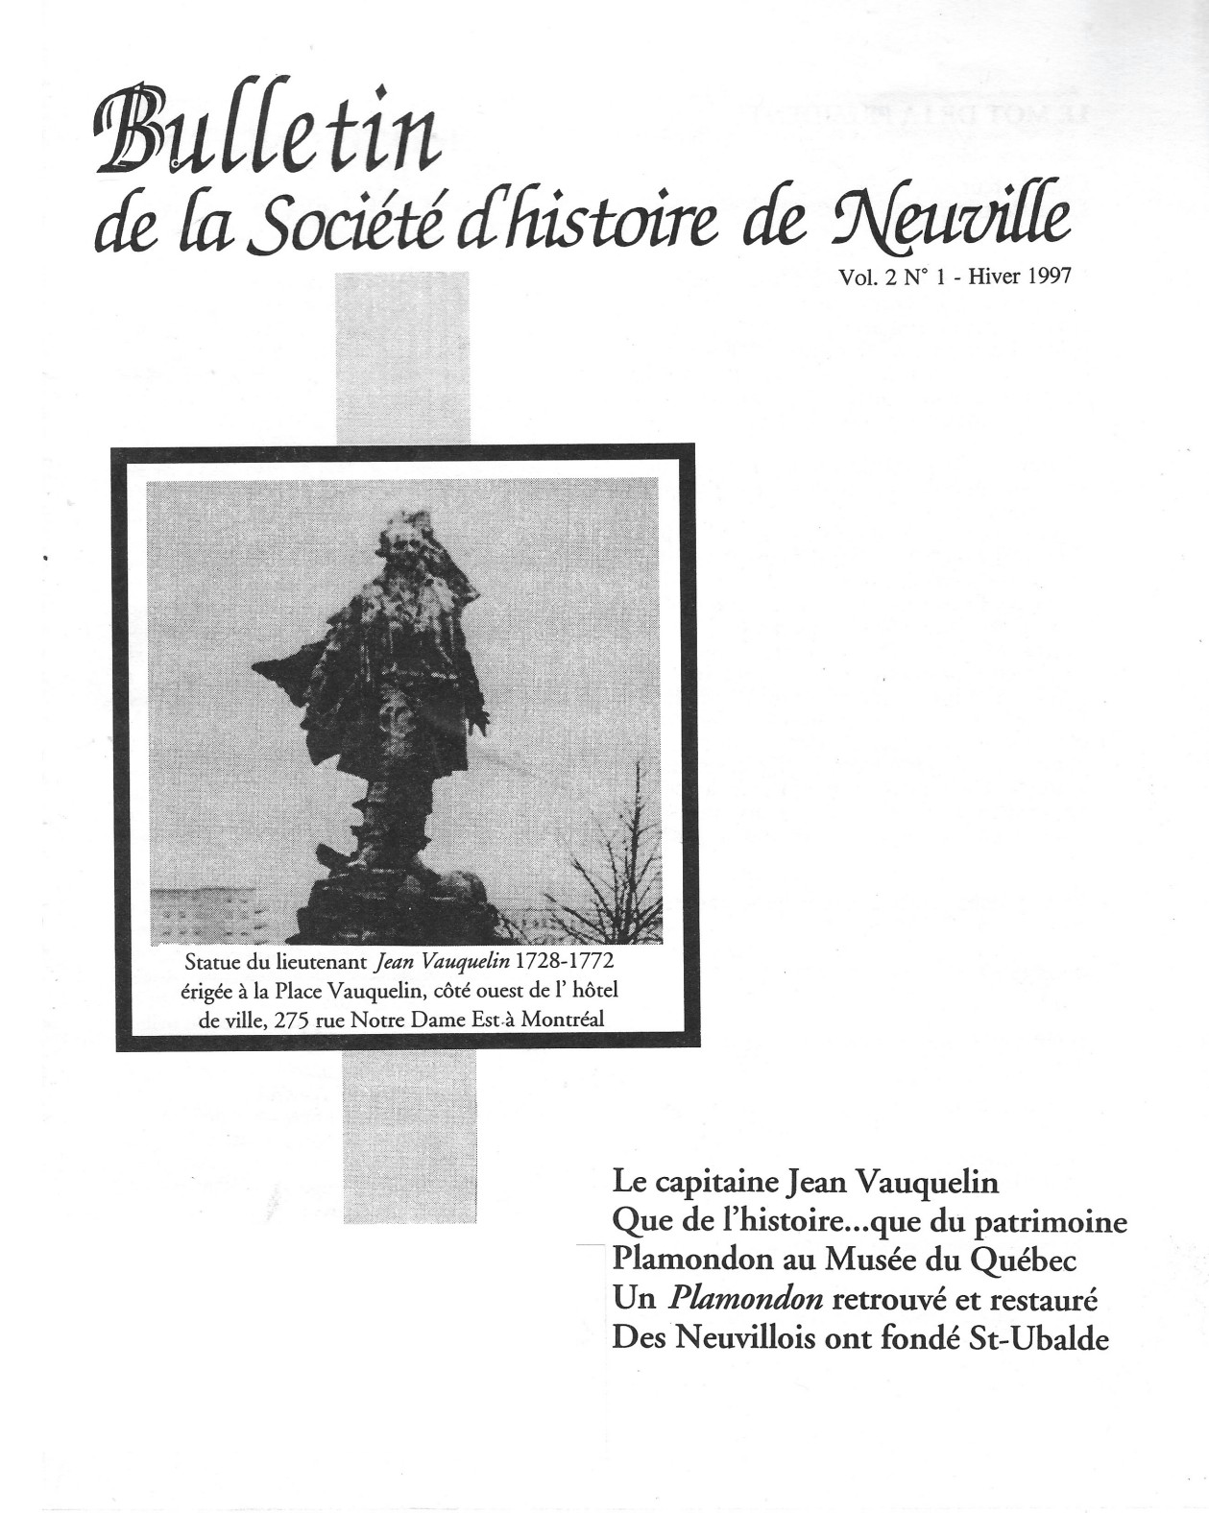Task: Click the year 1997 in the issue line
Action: click(x=1045, y=277)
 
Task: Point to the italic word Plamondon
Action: click(x=745, y=1300)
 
